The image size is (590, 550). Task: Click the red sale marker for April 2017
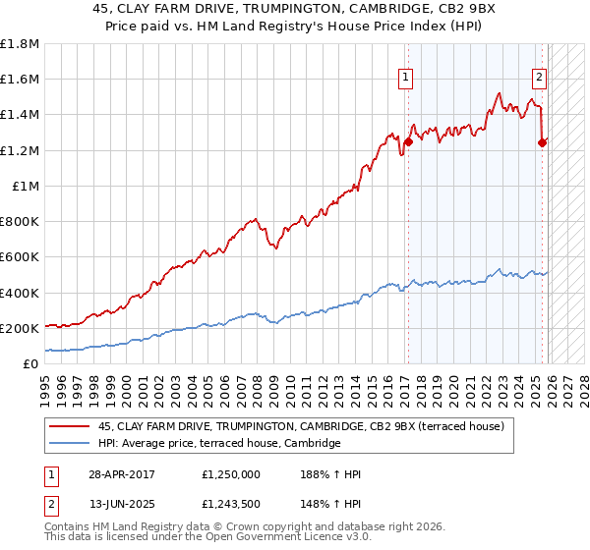[408, 141]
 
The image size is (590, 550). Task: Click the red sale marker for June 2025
[542, 142]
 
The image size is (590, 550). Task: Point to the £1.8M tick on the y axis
[20, 43]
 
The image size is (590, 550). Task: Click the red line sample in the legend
[69, 426]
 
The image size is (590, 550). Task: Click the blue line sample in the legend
[69, 444]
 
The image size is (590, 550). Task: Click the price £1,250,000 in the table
[232, 474]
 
